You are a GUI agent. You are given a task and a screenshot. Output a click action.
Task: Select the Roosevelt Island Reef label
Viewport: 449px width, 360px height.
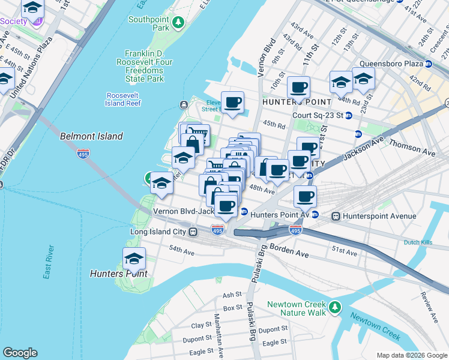coord(123,99)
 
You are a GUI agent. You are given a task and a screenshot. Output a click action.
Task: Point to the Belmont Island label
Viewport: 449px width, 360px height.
coord(91,136)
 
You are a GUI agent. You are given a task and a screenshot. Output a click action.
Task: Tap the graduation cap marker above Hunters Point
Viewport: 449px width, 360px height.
coord(134,259)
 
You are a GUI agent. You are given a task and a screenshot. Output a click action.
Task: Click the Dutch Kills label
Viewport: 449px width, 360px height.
coord(418,242)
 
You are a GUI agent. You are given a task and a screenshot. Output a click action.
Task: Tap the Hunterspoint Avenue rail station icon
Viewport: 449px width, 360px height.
coord(336,216)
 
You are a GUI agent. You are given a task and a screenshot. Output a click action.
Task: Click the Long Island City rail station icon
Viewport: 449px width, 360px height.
coord(193,232)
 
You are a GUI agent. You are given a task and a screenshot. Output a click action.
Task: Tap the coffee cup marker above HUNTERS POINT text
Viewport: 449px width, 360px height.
coord(298,88)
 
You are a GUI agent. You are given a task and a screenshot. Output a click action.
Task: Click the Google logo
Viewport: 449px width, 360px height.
coord(20,353)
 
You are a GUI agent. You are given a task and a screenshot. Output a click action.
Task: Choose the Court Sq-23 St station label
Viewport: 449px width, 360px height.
coord(318,115)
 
